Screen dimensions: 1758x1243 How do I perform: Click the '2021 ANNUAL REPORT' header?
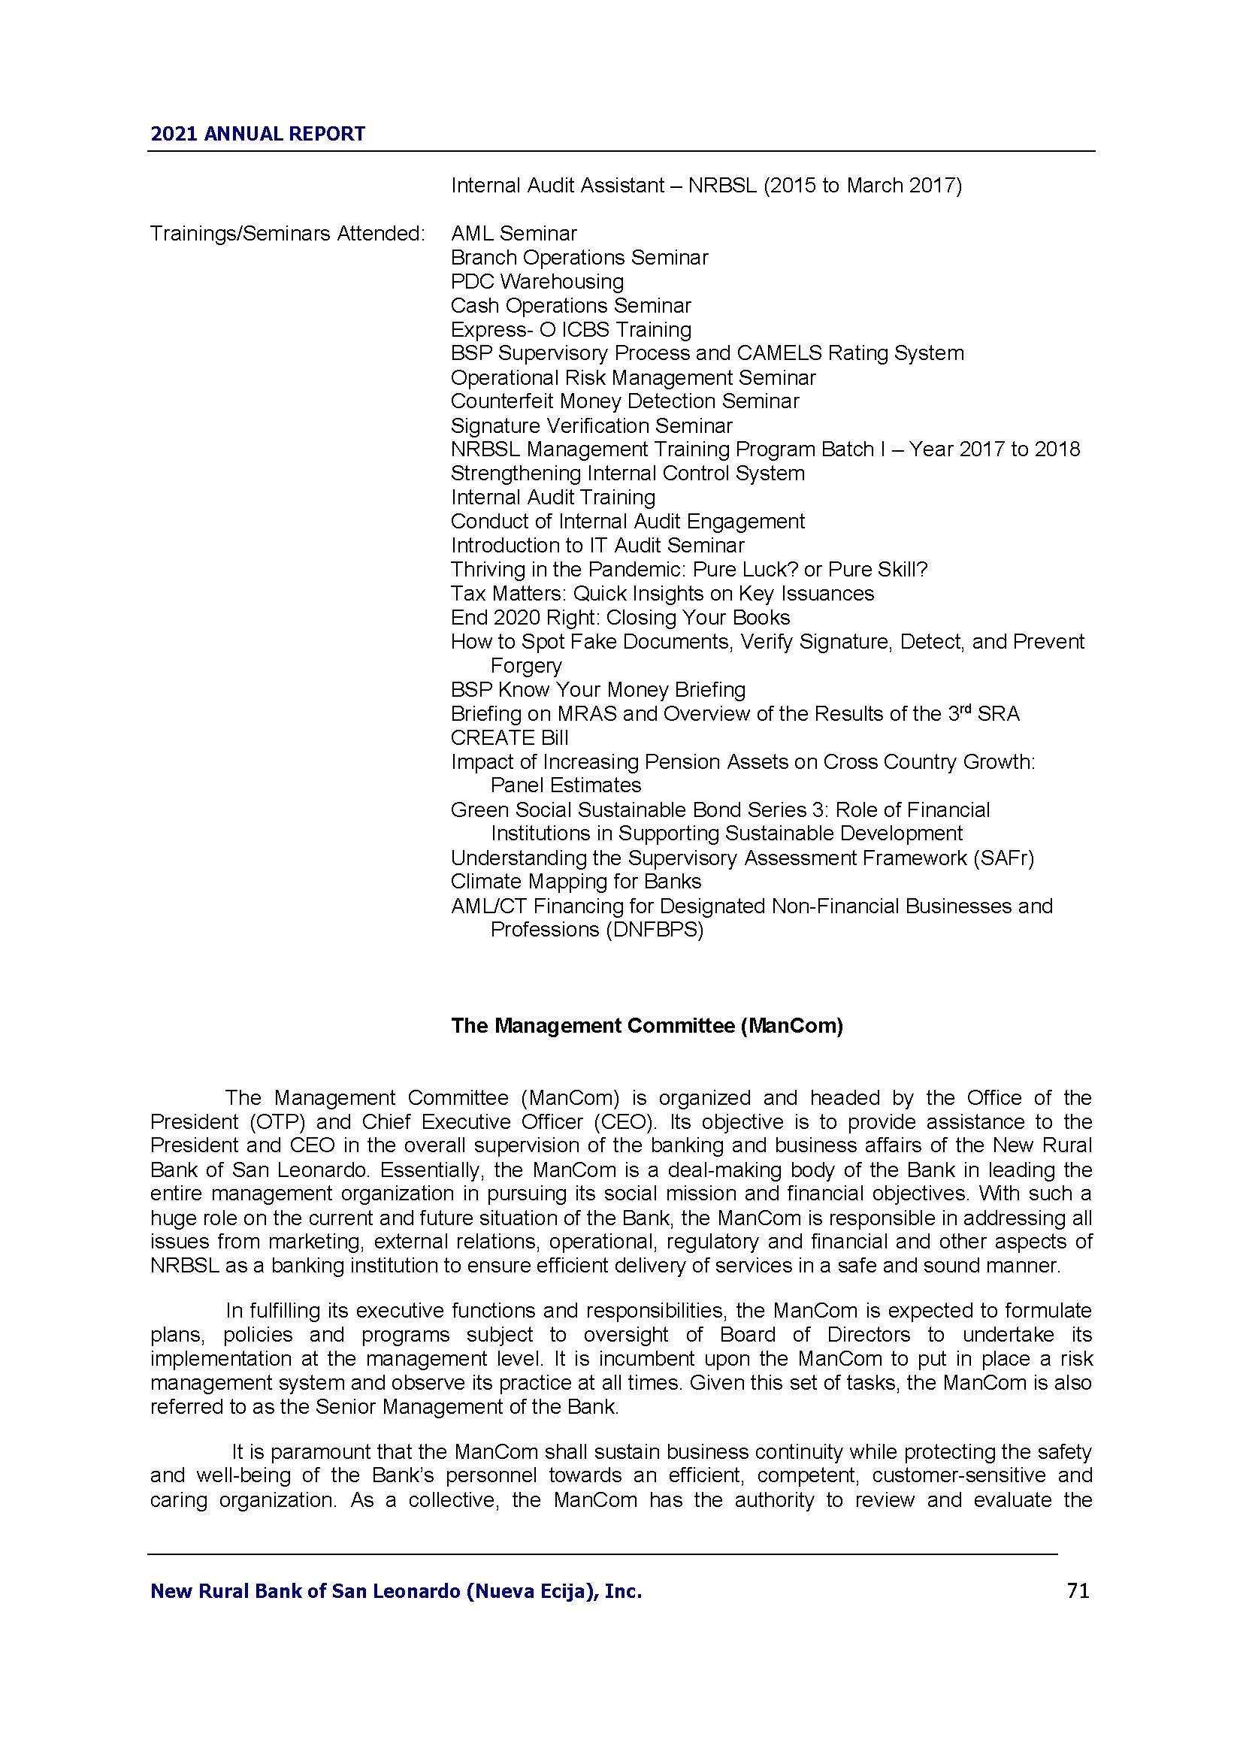258,134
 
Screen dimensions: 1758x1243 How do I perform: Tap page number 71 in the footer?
1078,1591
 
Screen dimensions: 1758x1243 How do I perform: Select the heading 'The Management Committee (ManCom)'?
647,1025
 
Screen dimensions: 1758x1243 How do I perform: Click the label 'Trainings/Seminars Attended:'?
287,234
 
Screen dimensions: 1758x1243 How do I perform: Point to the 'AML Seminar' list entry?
513,234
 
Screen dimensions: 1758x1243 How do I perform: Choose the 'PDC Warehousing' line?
537,282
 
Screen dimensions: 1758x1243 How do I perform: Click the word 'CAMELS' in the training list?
779,353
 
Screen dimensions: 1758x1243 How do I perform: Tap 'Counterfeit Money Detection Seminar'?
625,401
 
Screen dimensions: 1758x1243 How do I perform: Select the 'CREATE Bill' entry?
509,737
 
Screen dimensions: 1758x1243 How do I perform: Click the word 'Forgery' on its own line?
526,666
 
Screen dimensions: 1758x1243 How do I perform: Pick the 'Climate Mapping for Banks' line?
576,882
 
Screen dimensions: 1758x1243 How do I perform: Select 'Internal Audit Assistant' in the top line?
557,186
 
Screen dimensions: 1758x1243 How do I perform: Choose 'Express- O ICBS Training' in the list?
570,329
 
